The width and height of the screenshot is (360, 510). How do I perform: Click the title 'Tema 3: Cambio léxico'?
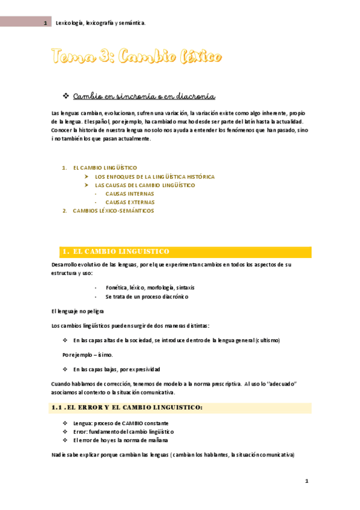point(136,58)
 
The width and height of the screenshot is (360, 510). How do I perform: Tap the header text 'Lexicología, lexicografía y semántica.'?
point(100,23)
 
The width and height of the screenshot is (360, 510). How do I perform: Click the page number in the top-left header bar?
point(45,23)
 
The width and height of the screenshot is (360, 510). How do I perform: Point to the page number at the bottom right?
point(307,481)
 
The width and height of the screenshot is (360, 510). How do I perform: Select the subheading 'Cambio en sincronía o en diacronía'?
point(144,97)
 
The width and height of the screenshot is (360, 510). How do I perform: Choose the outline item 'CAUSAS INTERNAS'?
point(129,194)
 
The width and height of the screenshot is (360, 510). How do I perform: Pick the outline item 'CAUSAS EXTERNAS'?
point(130,202)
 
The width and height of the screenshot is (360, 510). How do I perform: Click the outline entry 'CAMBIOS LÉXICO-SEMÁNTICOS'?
point(113,210)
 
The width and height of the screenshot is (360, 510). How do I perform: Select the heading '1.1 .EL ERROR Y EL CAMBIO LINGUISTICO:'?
point(127,408)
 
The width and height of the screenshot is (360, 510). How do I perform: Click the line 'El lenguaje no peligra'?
point(78,311)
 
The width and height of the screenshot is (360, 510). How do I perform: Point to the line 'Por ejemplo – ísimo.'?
point(87,355)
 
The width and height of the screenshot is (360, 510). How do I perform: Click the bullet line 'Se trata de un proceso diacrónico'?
point(147,296)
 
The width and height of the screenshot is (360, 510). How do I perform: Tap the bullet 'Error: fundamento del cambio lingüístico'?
point(123,431)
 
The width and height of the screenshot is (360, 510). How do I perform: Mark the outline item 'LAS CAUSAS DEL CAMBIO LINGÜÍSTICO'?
point(145,185)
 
